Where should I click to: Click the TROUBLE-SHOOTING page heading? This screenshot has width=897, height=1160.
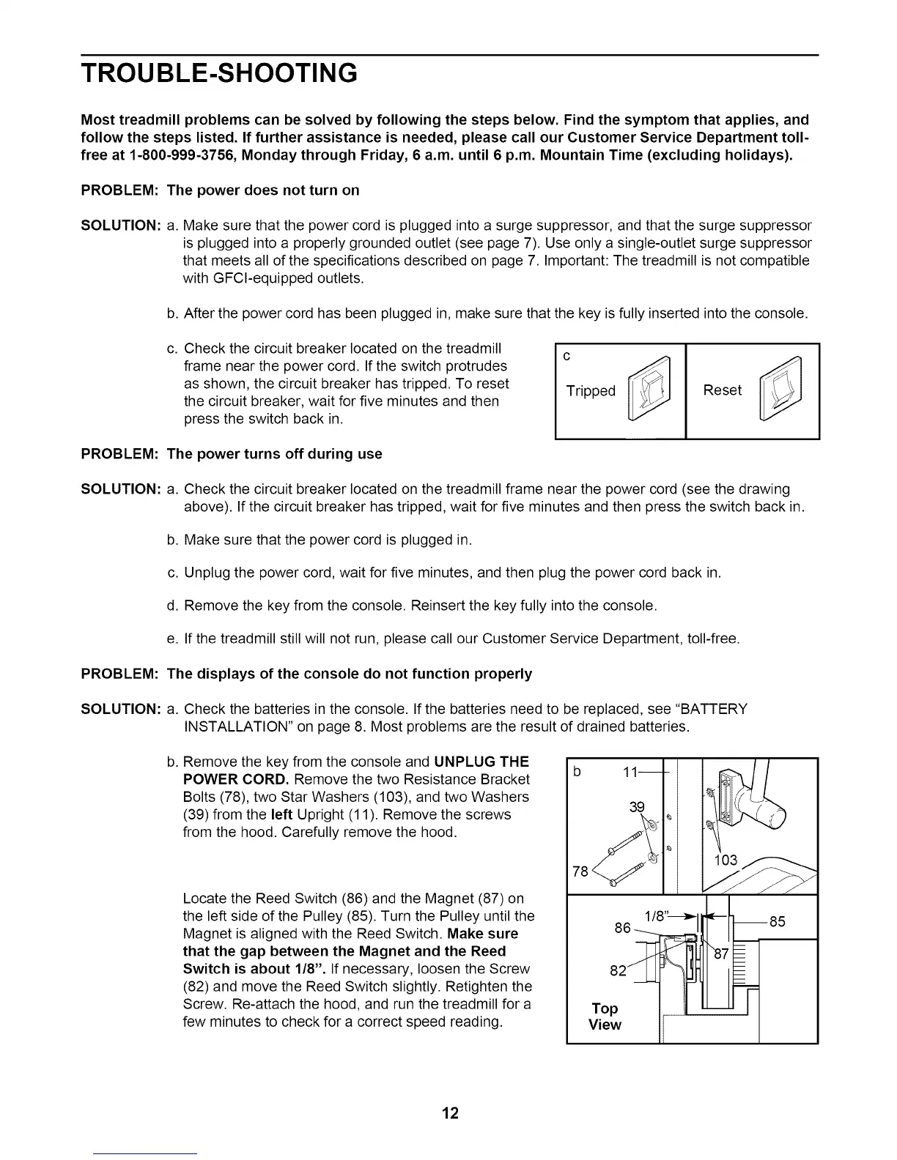219,73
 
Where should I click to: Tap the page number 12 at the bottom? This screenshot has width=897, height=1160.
449,1113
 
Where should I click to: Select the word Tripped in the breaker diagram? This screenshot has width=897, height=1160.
591,391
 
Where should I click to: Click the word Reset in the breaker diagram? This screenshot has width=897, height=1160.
722,390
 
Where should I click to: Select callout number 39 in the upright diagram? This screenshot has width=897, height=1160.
637,807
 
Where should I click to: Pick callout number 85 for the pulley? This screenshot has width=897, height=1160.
778,922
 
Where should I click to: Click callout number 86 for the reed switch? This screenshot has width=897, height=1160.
622,928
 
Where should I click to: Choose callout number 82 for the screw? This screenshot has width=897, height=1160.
618,971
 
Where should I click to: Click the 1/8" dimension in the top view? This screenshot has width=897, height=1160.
654,915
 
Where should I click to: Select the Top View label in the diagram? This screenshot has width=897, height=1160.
605,1016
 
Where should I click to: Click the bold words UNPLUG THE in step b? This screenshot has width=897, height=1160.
481,762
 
